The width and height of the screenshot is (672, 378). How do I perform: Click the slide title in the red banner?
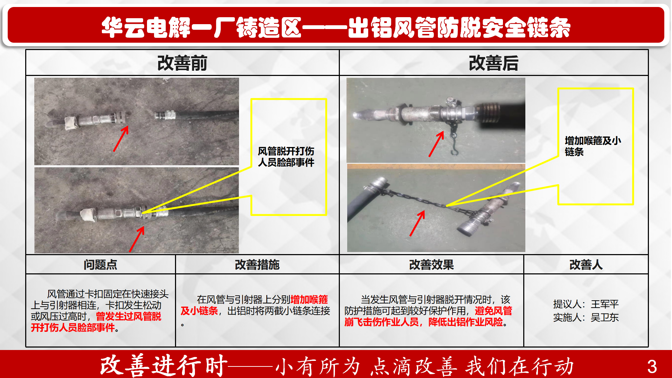[336, 27]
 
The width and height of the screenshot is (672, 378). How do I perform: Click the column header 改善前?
[182, 63]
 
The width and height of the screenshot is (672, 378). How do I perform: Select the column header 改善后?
[493, 63]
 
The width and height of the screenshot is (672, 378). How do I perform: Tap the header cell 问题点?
[100, 265]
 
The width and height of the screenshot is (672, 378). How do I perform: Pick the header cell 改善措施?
[257, 265]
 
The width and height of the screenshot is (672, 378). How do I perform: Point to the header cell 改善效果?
[431, 265]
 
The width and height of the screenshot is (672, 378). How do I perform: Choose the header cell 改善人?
[586, 265]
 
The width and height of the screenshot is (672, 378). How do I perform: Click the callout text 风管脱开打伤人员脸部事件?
[286, 157]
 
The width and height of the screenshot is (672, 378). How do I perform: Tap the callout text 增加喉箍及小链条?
[593, 146]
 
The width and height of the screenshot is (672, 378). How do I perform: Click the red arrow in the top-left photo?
[121, 139]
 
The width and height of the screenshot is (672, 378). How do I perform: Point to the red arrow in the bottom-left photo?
[137, 239]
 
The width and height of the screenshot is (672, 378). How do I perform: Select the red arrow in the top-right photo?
[436, 144]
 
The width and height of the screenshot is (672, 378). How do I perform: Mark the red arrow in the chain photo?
[417, 223]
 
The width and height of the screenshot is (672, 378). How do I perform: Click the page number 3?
[652, 366]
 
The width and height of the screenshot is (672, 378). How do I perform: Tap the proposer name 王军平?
[605, 304]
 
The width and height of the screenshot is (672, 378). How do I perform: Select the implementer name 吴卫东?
[605, 317]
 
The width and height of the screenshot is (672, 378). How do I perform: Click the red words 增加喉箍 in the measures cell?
[309, 300]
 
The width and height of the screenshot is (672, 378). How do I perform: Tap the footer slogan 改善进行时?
[164, 366]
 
